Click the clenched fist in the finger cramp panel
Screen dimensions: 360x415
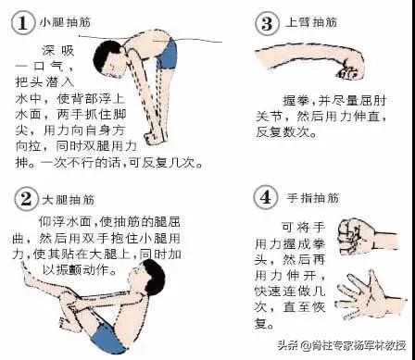pos(357,231)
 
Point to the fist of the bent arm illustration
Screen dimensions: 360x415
pos(353,68)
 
